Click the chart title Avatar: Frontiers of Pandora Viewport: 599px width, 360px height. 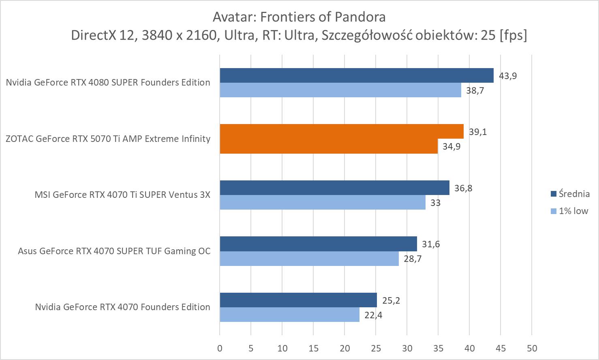tap(299, 17)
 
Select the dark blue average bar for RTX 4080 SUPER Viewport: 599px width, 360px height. tap(357, 75)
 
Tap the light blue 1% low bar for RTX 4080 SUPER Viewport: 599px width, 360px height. tap(340, 90)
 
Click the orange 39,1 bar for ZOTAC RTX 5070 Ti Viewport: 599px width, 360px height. tap(341, 131)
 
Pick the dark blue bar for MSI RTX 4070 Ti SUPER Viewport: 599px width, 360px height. tap(334, 188)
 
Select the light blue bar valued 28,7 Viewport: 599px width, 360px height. tap(309, 259)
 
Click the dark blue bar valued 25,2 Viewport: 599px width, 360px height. tap(298, 300)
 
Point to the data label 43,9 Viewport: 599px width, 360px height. tap(508, 76)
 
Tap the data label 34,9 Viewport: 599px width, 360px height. tap(451, 146)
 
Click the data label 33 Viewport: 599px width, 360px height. tap(435, 203)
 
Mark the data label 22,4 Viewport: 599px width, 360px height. tap(373, 315)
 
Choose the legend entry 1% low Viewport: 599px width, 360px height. tap(573, 211)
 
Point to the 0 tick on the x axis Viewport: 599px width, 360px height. tap(220, 348)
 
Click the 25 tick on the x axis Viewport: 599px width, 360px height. tap(376, 348)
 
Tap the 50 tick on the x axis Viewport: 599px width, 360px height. tap(532, 348)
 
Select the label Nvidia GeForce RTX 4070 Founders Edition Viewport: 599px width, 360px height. tap(122, 307)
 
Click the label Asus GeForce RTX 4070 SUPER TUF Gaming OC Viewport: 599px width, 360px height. tap(114, 251)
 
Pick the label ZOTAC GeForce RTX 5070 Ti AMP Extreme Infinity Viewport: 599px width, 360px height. tap(108, 139)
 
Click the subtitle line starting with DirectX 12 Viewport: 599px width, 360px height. tap(299, 35)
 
